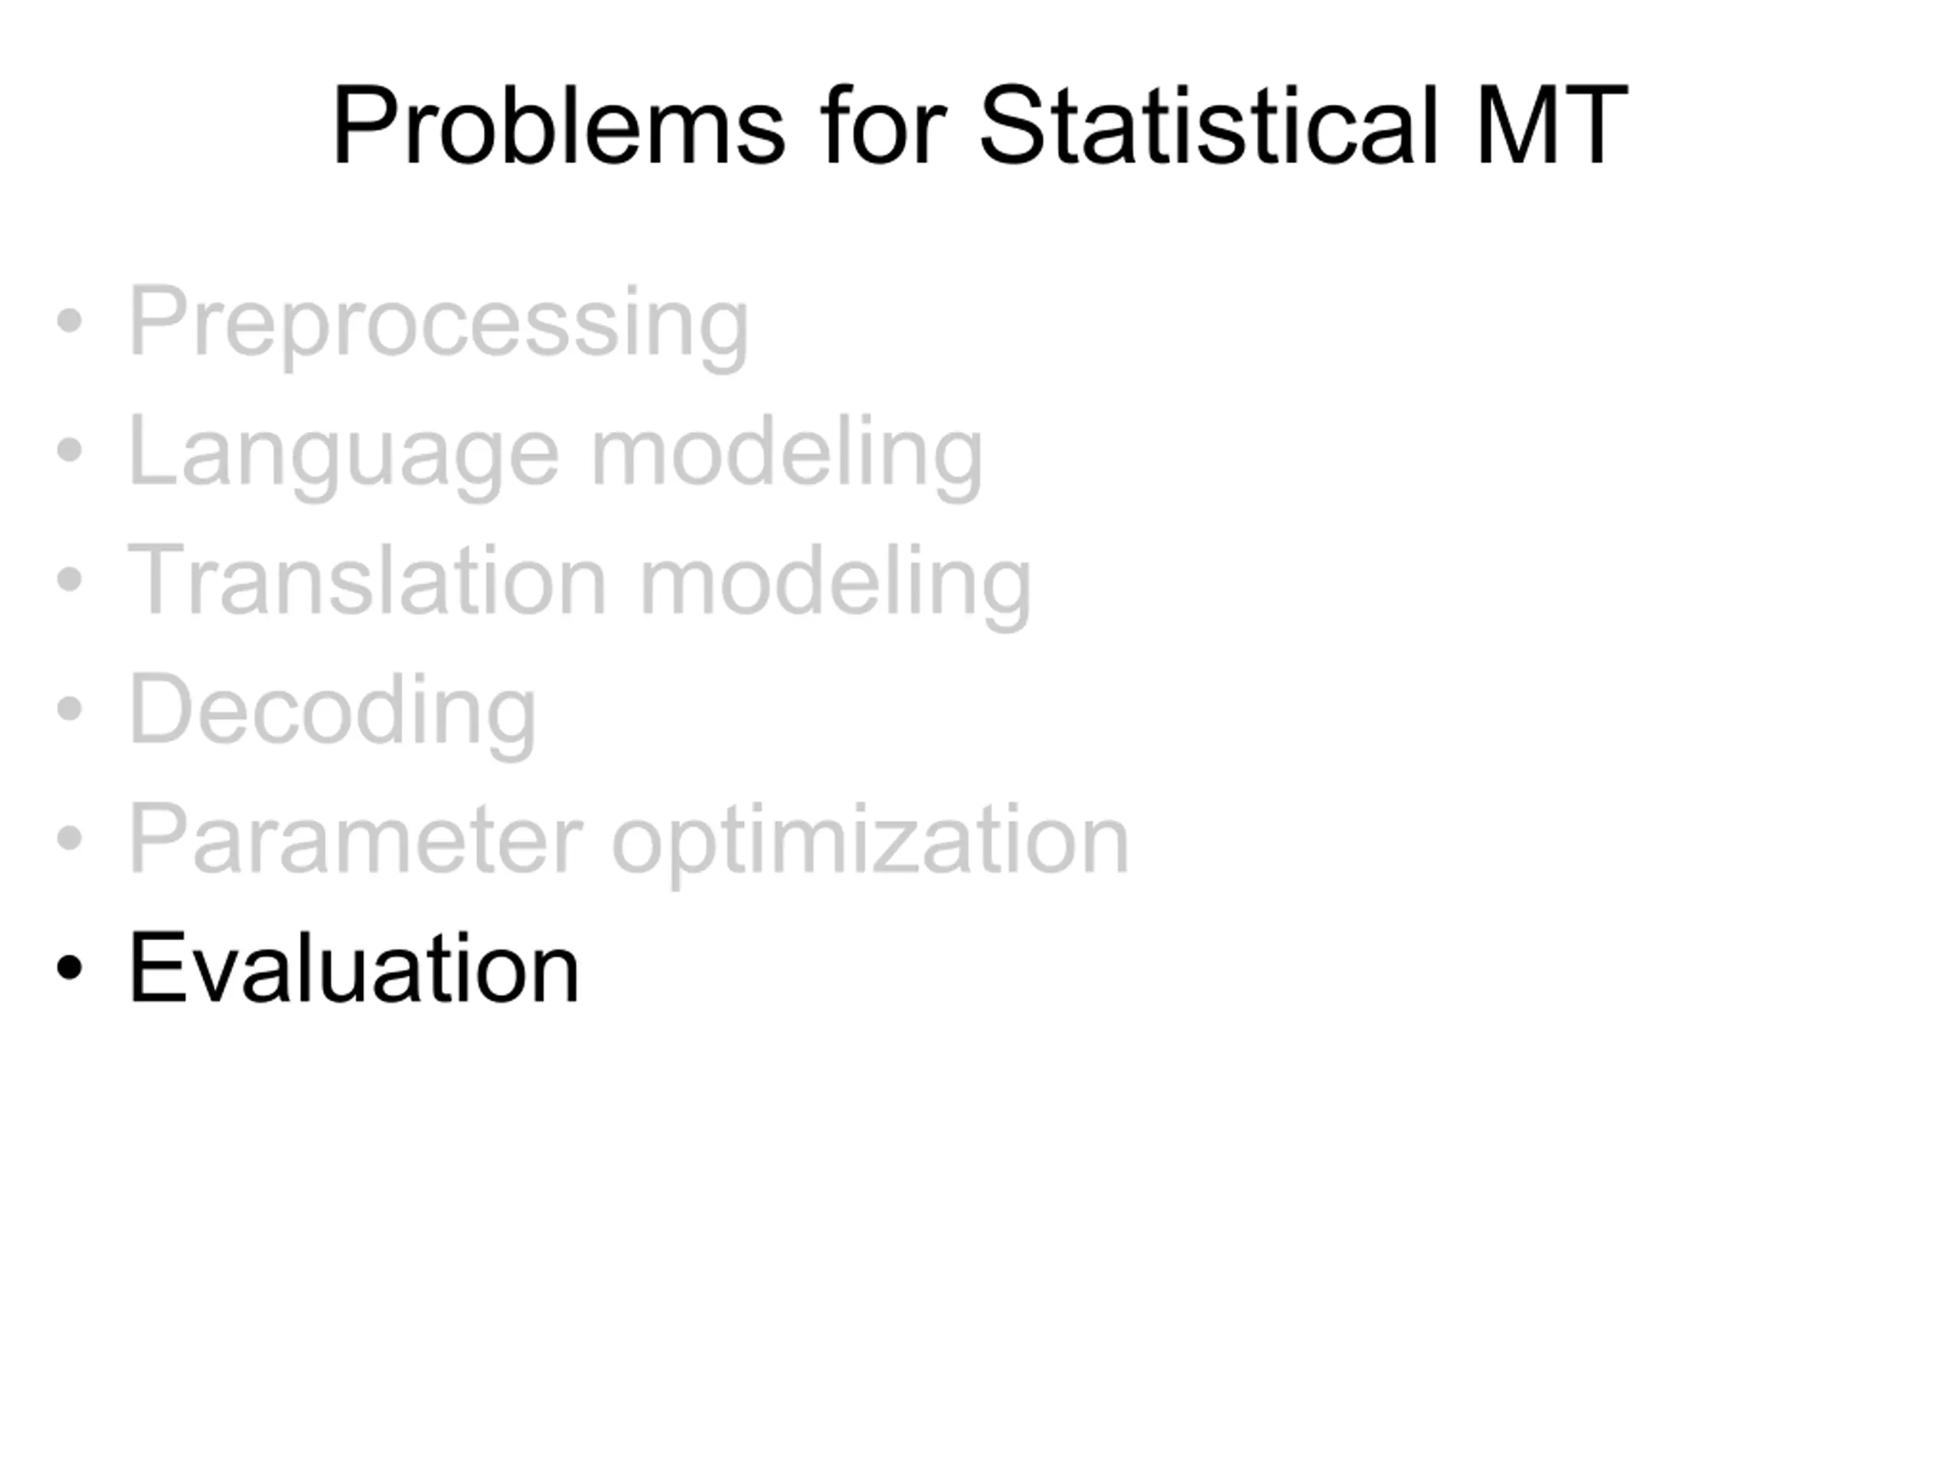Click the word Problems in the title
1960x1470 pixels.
pyautogui.click(x=558, y=125)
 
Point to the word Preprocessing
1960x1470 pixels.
pyautogui.click(x=439, y=325)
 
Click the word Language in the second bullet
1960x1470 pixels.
pyautogui.click(x=344, y=456)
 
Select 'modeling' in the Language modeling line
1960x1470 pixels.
pyautogui.click(x=787, y=456)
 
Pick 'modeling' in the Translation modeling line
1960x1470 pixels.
pyautogui.click(x=835, y=584)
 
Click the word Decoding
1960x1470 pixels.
pyautogui.click(x=332, y=714)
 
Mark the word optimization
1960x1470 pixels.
pyautogui.click(x=870, y=843)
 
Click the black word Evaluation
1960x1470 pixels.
pyautogui.click(x=354, y=968)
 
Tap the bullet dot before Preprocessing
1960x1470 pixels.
pyautogui.click(x=69, y=322)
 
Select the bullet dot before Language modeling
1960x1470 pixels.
pyautogui.click(x=69, y=450)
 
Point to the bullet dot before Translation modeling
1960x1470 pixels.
pyautogui.click(x=69, y=580)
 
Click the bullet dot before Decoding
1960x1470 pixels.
pyautogui.click(x=69, y=709)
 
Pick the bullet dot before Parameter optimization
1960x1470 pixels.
pyautogui.click(x=69, y=838)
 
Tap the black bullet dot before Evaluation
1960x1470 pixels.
pyautogui.click(x=69, y=968)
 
